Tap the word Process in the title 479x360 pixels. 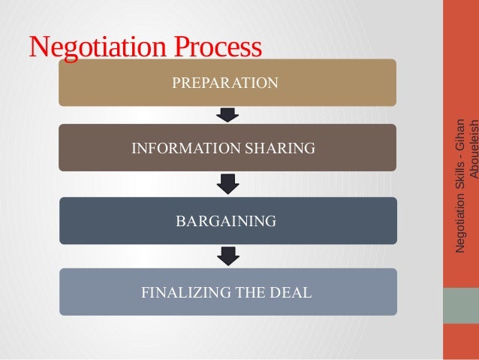218,47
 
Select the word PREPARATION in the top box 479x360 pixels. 225,83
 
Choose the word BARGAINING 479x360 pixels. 226,221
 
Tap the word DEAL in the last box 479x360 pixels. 291,292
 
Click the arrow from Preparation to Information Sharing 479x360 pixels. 227,115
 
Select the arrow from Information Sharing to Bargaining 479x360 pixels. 227,184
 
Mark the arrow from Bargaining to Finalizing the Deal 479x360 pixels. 227,256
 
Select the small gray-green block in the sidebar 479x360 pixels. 461,305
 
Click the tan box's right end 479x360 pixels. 387,83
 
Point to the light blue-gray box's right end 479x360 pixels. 387,292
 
